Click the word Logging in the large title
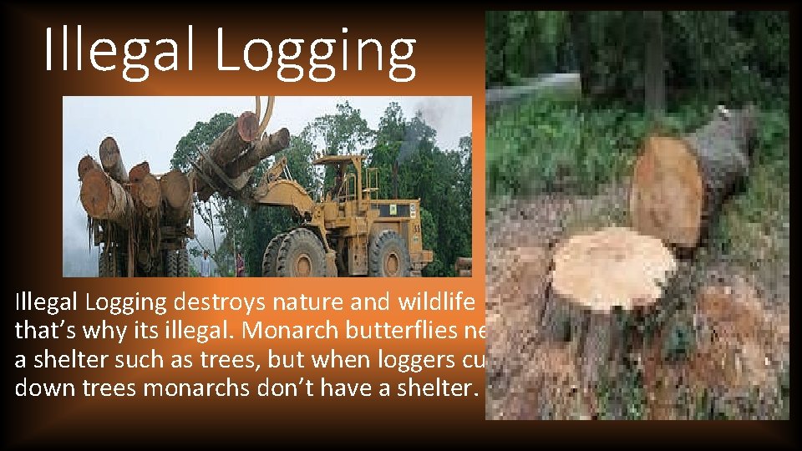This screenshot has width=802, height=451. [x=316, y=52]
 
